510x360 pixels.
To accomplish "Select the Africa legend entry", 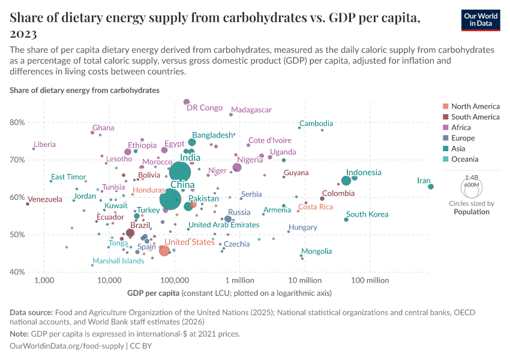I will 461,128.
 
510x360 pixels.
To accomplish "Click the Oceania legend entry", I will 464,160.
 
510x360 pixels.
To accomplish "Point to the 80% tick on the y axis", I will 17,122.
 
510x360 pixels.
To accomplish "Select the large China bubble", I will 171,199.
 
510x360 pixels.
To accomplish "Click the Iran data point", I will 431,187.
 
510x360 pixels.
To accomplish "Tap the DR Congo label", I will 205,108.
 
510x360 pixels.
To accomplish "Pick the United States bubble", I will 164,250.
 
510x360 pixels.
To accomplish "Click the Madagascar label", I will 251,110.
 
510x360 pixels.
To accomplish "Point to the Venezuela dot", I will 28,204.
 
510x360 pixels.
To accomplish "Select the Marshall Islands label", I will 118,261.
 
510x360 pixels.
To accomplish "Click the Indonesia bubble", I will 346,181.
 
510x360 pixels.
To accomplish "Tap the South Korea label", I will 367,214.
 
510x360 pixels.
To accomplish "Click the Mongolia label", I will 316,251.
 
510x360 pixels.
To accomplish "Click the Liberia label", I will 45,144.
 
